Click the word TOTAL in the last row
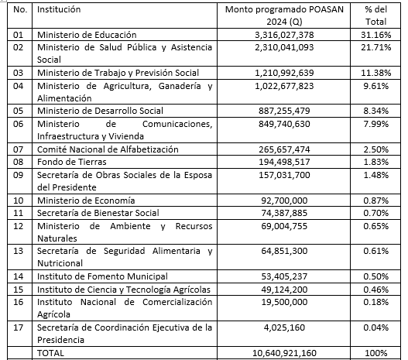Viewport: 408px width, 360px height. click(52, 353)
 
